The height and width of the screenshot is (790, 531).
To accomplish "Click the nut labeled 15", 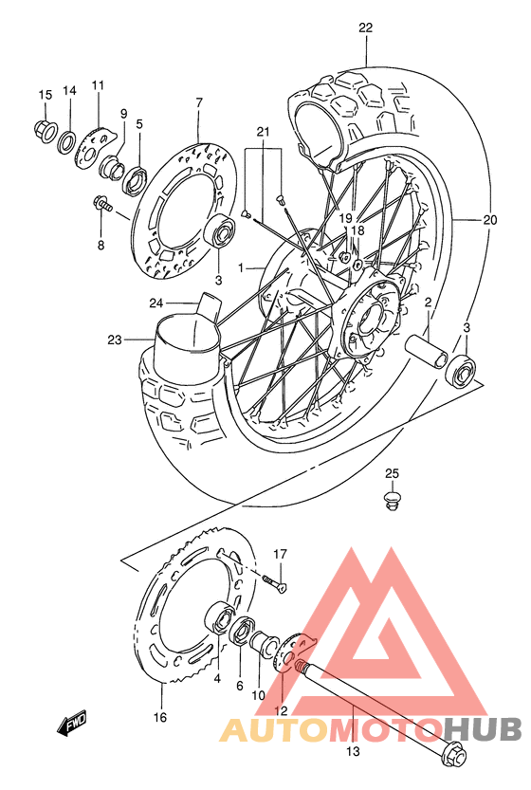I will click(44, 128).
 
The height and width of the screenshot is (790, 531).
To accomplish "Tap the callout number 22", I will click(366, 28).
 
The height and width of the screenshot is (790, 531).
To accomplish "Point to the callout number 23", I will click(116, 340).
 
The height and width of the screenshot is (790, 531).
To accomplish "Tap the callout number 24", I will click(155, 303).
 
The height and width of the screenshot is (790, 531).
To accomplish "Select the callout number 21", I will click(263, 131).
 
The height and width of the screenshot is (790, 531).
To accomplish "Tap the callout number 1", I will click(241, 268).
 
